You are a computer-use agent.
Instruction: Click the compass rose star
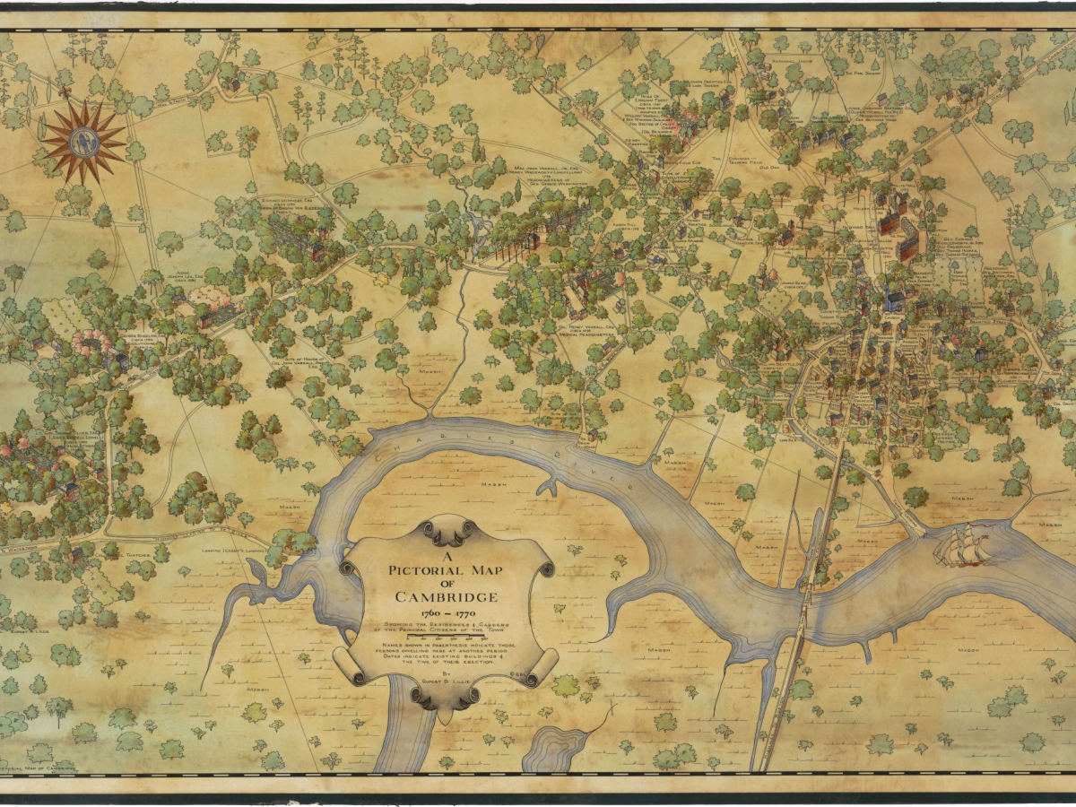83,141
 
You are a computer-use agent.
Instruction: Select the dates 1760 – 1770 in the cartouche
446,614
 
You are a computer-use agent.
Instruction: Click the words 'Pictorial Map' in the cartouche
446,568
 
